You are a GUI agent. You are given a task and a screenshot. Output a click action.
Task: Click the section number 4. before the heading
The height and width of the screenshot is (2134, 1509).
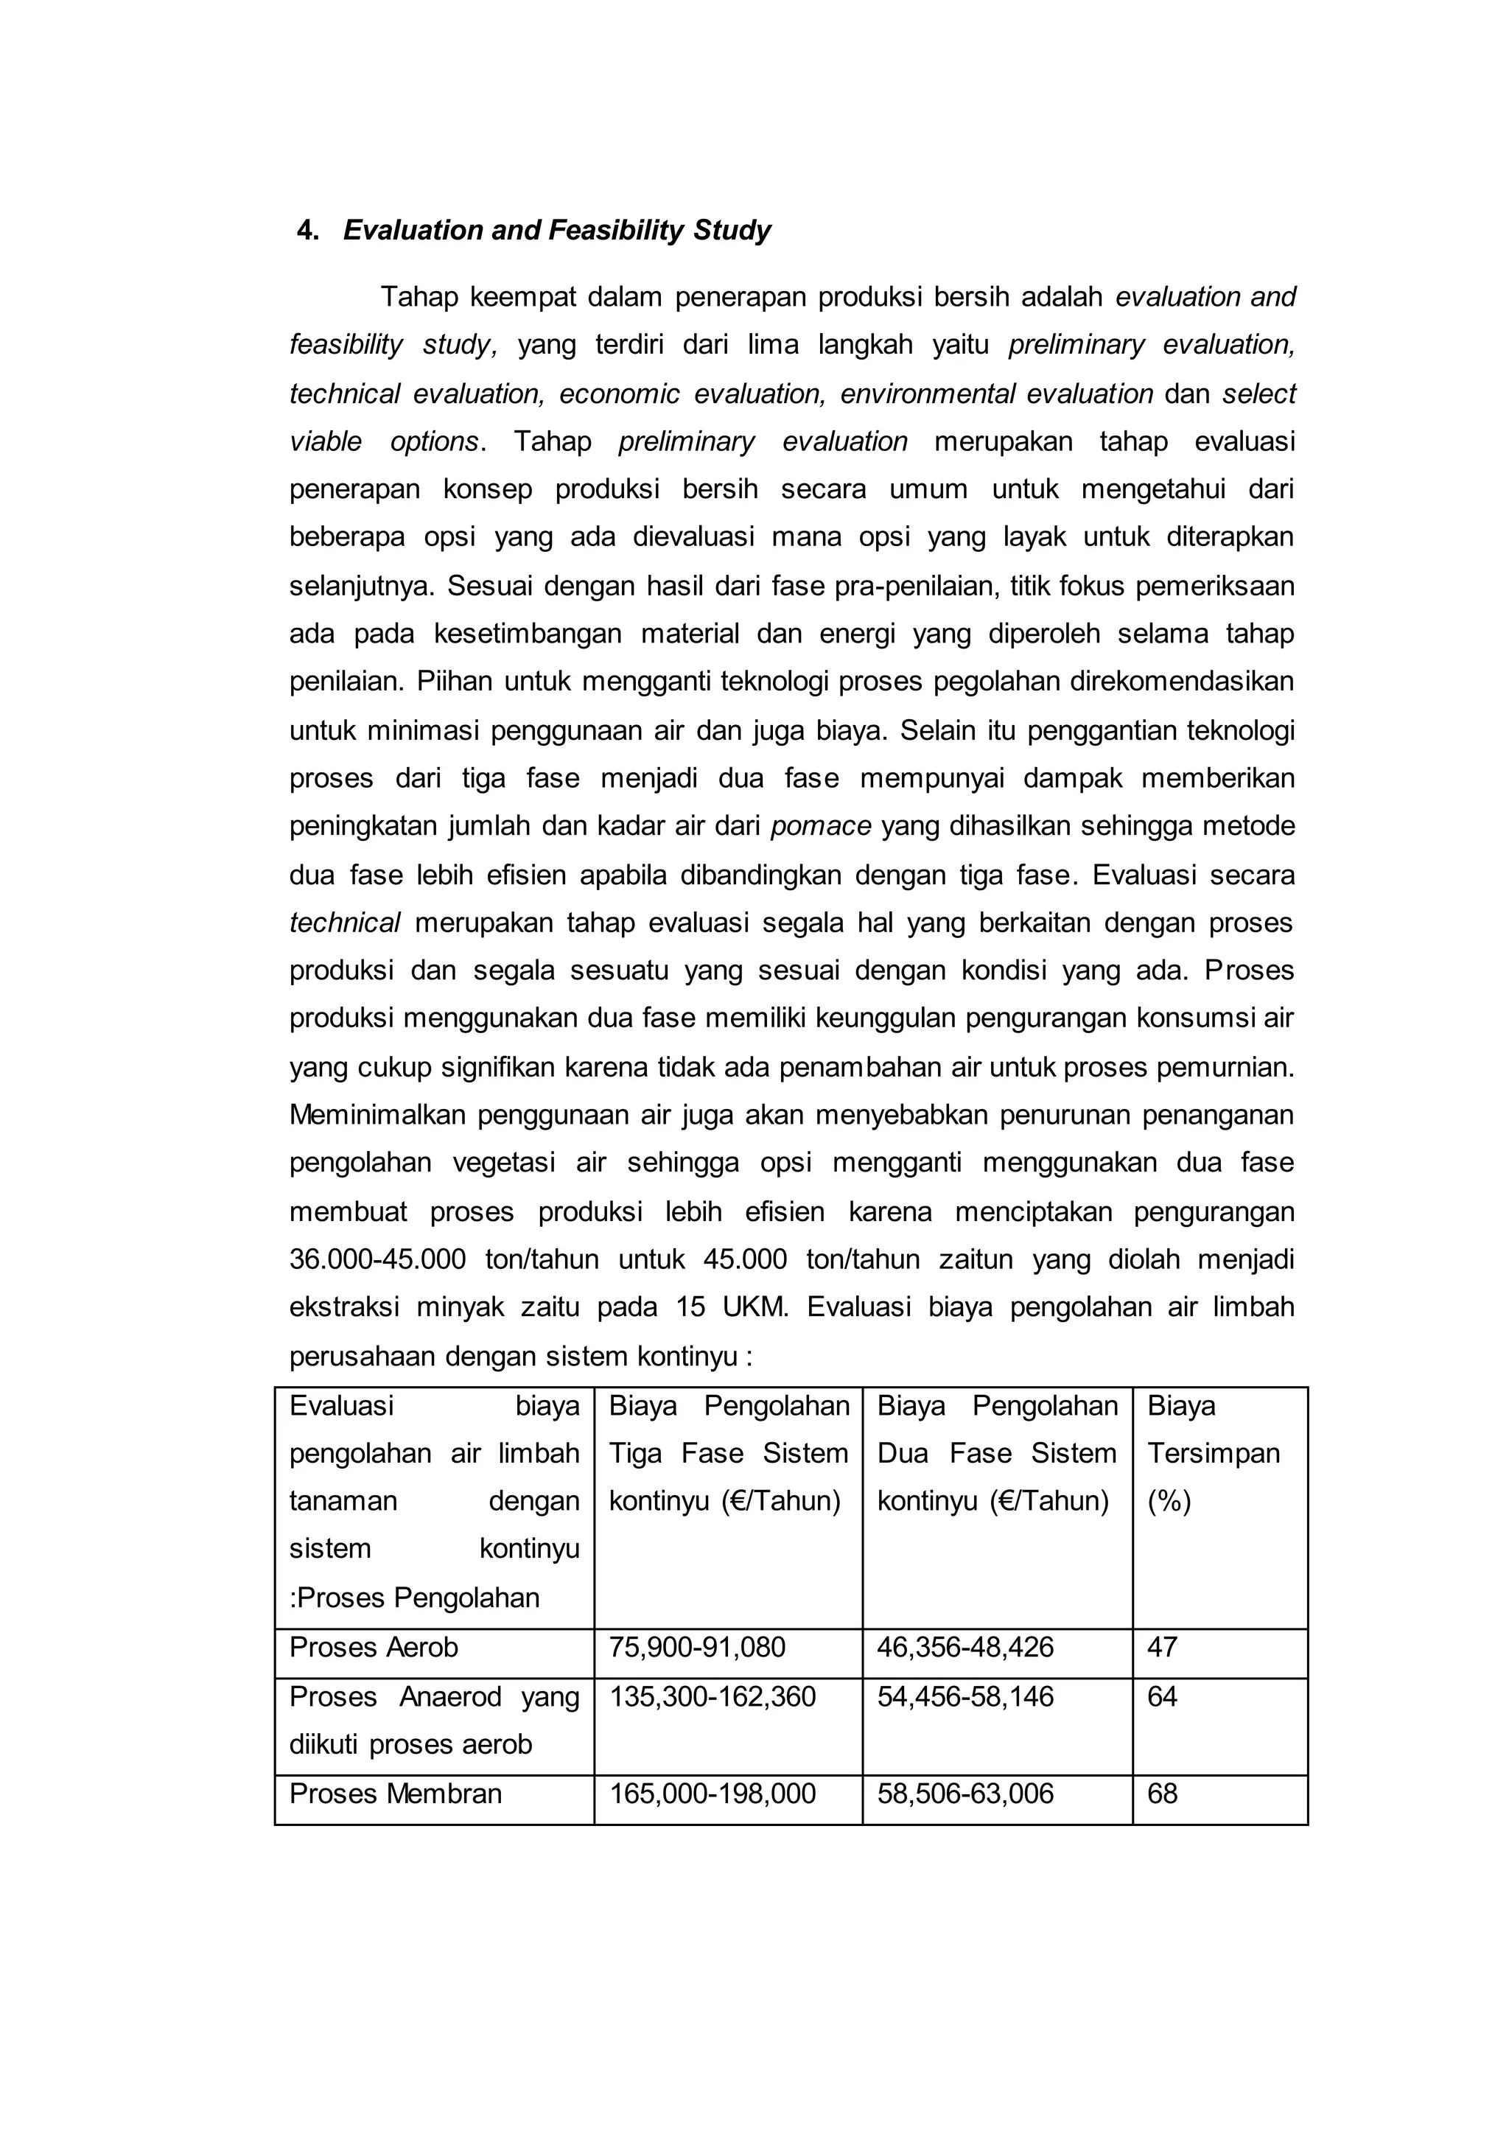point(307,231)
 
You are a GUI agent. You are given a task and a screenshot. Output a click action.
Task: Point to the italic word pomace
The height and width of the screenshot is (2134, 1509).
point(821,826)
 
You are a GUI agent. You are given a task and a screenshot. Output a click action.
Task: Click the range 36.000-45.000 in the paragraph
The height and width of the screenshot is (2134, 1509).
point(377,1260)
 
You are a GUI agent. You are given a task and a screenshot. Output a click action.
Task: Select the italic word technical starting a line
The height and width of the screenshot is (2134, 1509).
point(345,923)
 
